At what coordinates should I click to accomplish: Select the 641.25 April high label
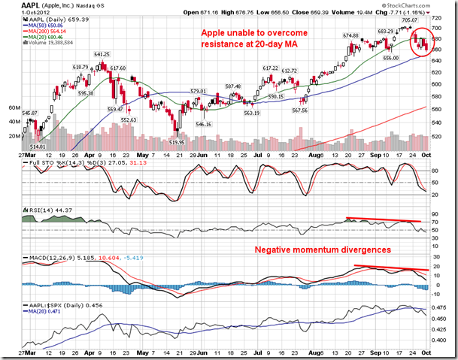point(102,54)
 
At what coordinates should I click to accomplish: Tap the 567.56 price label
point(300,110)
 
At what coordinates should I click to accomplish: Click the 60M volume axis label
point(14,108)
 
